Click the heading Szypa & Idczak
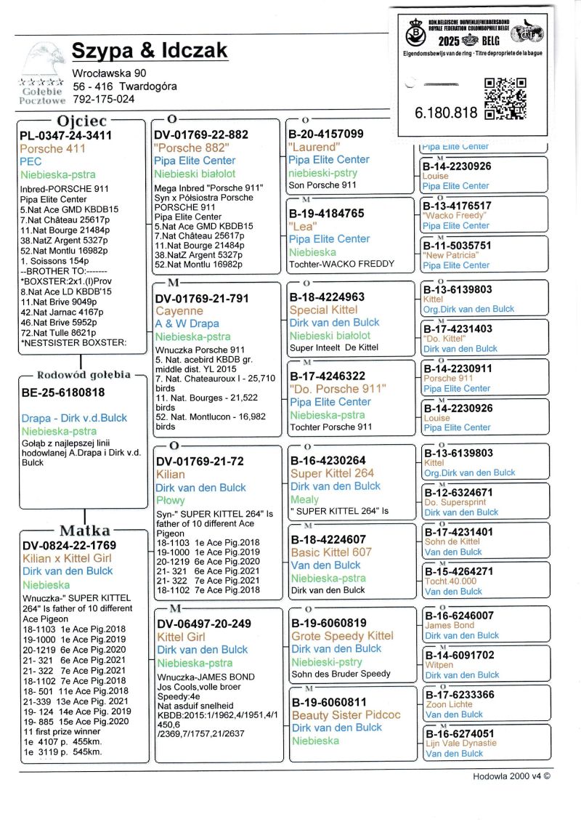(150, 50)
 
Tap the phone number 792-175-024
(103, 99)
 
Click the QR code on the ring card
(504, 98)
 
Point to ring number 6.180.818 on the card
(446, 113)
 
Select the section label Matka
(85, 530)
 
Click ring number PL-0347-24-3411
(66, 135)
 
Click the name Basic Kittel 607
(330, 552)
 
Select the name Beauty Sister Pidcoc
(346, 714)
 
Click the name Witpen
(439, 665)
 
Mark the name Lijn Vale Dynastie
(460, 744)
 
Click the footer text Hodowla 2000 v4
(511, 775)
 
